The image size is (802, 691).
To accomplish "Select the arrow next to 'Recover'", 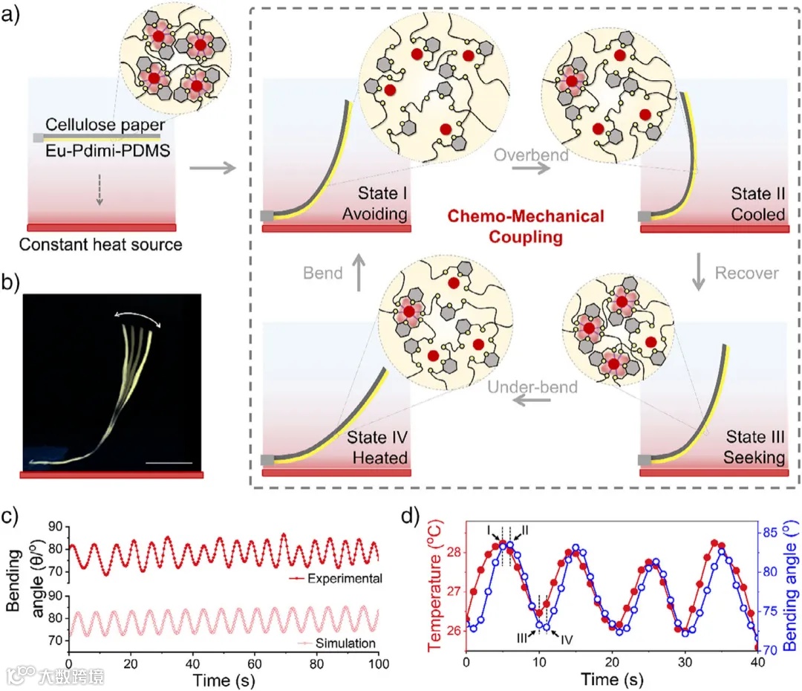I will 699,273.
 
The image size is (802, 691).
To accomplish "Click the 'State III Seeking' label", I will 754,447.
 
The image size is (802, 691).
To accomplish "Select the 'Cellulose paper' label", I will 103,125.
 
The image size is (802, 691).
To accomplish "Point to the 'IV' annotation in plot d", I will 566,638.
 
